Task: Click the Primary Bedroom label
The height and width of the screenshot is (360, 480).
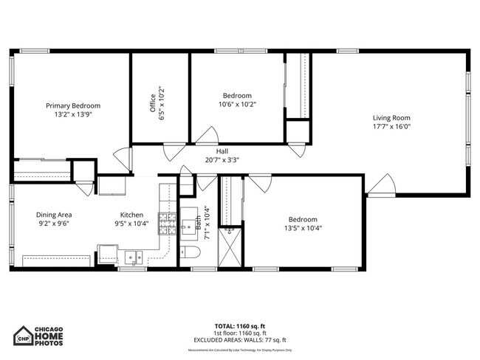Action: click(72, 105)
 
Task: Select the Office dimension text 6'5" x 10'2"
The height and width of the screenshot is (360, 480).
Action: click(160, 98)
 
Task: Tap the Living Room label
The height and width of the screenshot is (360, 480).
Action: click(391, 117)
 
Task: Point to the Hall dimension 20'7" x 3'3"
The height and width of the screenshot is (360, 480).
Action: click(222, 159)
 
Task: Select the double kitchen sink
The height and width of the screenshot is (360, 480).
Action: click(134, 257)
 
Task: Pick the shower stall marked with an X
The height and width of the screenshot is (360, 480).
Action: click(231, 246)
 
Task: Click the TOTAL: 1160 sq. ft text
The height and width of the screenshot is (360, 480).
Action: click(241, 326)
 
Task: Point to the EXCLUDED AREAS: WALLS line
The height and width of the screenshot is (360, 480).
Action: click(241, 339)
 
